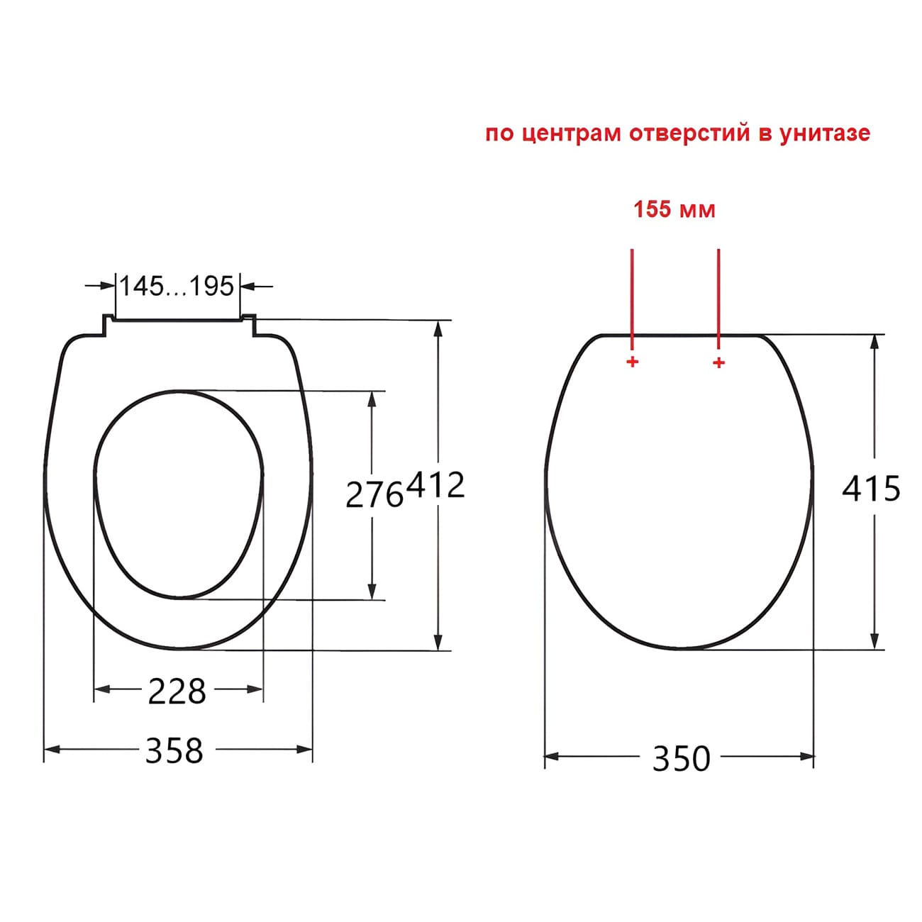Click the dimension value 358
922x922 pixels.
pyautogui.click(x=174, y=750)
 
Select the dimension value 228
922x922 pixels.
pyautogui.click(x=177, y=691)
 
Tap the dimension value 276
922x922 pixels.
pyautogui.click(x=374, y=494)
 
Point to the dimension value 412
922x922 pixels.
pyautogui.click(x=435, y=486)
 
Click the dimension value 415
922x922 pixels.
pyautogui.click(x=871, y=489)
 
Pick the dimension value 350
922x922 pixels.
pyautogui.click(x=681, y=759)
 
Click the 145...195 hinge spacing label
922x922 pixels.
pyautogui.click(x=176, y=287)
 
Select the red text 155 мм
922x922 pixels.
pyautogui.click(x=674, y=210)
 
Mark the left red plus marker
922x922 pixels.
pyautogui.click(x=632, y=363)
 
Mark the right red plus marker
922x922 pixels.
pyautogui.click(x=718, y=363)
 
